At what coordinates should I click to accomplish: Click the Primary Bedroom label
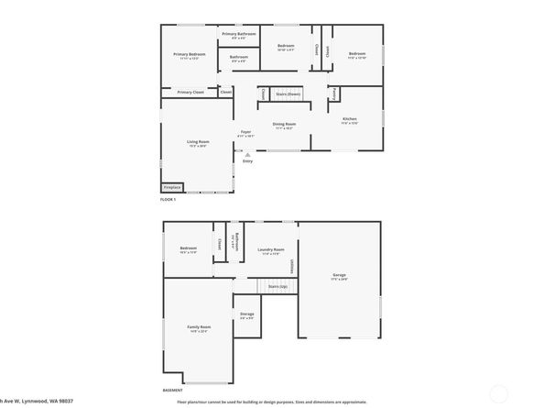click(x=189, y=55)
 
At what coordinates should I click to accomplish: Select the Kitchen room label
click(x=349, y=119)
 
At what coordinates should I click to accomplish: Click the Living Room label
click(x=198, y=141)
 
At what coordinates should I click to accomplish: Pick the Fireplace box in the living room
click(x=172, y=187)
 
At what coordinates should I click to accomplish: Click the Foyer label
click(x=245, y=133)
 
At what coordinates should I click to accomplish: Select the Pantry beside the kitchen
click(x=334, y=94)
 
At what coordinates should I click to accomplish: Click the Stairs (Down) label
click(x=289, y=94)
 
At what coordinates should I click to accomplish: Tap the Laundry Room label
click(x=270, y=249)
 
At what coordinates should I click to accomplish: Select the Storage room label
click(x=246, y=314)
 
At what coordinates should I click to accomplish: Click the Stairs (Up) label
click(x=278, y=287)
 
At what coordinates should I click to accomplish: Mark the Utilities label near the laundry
click(x=292, y=266)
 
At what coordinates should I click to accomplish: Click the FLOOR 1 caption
click(x=168, y=199)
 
